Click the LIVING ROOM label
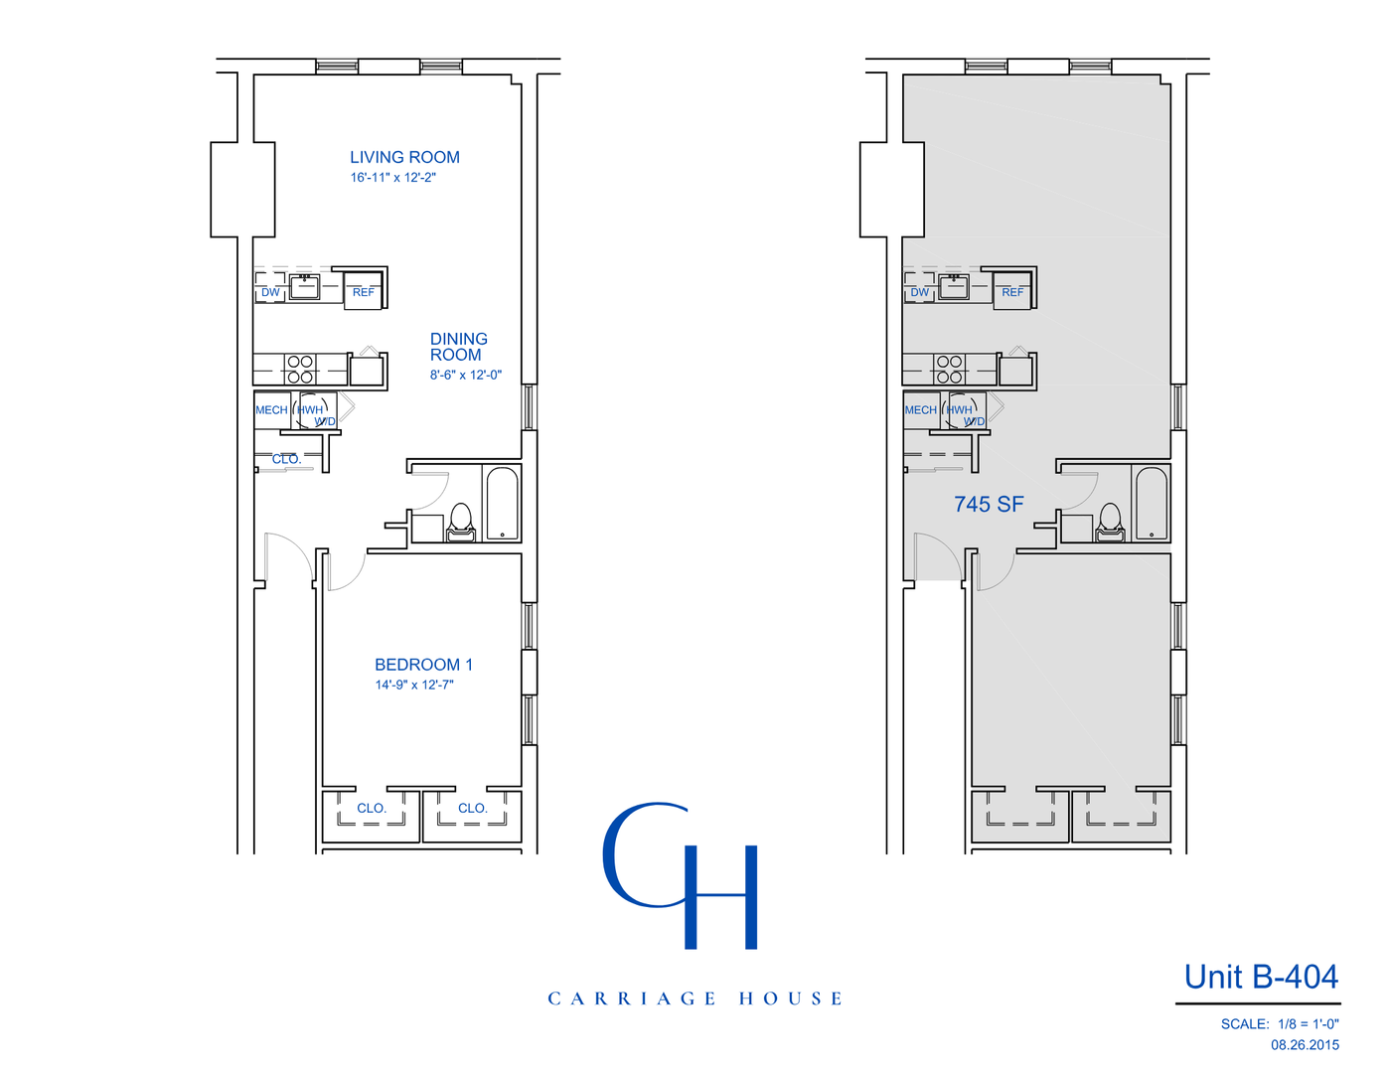(x=404, y=157)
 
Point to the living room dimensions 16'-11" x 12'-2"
(x=392, y=178)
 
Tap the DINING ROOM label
(x=458, y=347)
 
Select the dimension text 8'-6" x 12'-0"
(x=465, y=376)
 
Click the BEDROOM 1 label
(x=423, y=665)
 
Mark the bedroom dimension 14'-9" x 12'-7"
(x=413, y=685)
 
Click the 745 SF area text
(x=988, y=505)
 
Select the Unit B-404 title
(x=1260, y=977)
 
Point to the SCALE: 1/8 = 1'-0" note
(x=1279, y=1023)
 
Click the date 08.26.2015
(x=1304, y=1044)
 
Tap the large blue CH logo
(x=682, y=874)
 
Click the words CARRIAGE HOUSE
(x=694, y=998)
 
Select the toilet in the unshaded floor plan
(x=461, y=522)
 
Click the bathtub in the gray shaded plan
(x=1151, y=503)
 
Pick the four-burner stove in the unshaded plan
(x=300, y=369)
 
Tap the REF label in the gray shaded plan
(x=1012, y=292)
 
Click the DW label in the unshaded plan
(x=270, y=292)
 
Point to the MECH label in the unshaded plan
(x=271, y=410)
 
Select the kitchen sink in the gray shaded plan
(x=953, y=287)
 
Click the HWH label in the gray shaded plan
(x=960, y=409)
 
